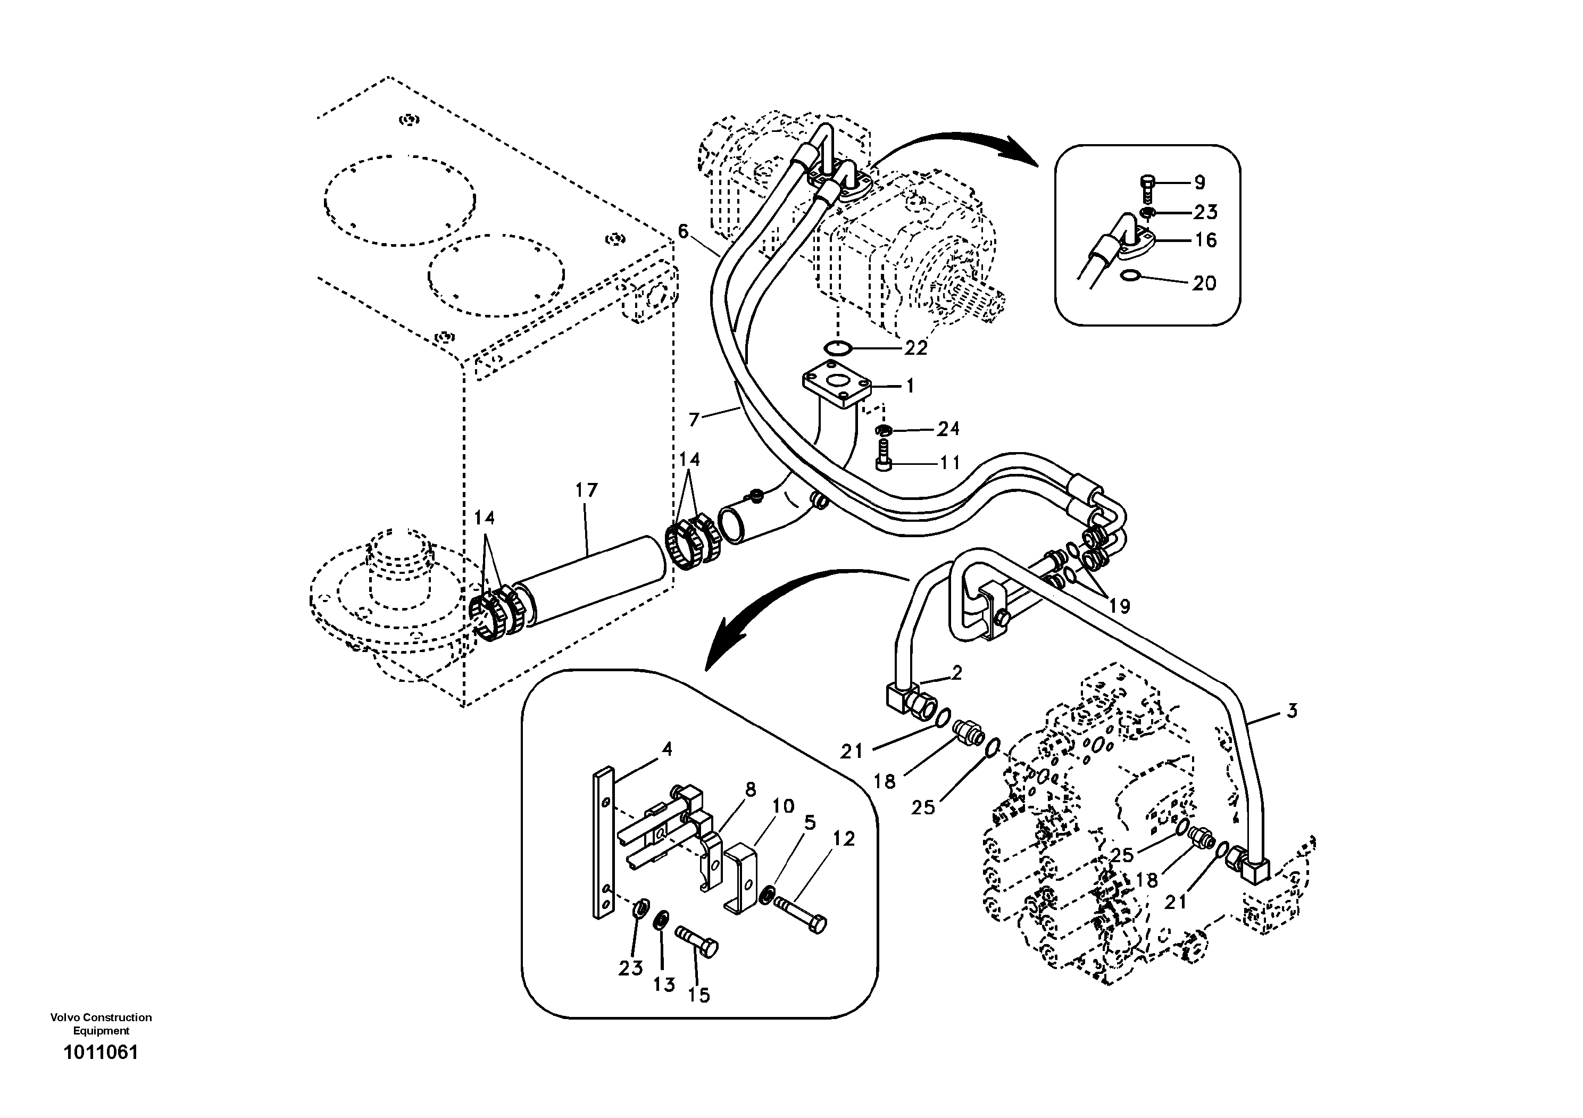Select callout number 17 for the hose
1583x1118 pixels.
pos(586,491)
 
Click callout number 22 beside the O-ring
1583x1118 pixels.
pos(915,349)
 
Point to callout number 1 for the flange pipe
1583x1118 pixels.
pos(910,387)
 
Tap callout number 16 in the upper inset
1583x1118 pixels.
pos(1206,240)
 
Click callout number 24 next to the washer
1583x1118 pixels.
pos(948,429)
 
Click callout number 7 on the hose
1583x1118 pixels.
pos(694,419)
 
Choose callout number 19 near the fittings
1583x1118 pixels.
pos(1120,606)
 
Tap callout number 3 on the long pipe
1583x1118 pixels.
pos(1292,711)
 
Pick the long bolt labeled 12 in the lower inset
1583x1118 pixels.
pos(800,920)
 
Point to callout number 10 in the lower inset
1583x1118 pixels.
pos(783,806)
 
